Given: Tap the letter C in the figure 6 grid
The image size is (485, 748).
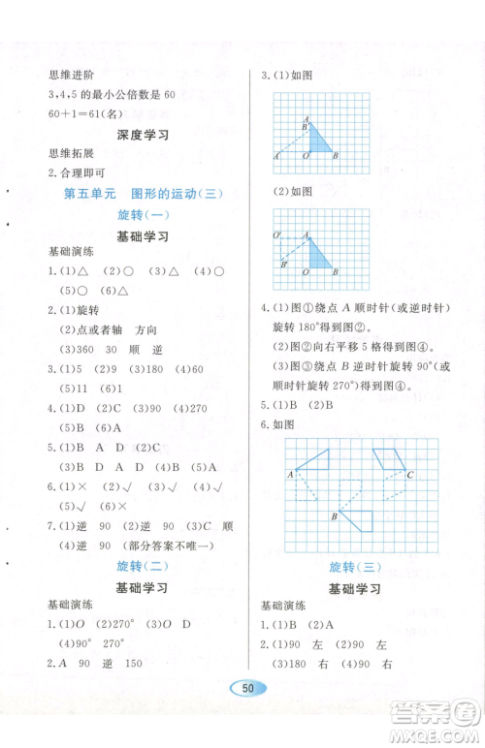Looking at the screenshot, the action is (411, 475).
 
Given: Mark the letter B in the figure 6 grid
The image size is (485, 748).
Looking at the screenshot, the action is (334, 517).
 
